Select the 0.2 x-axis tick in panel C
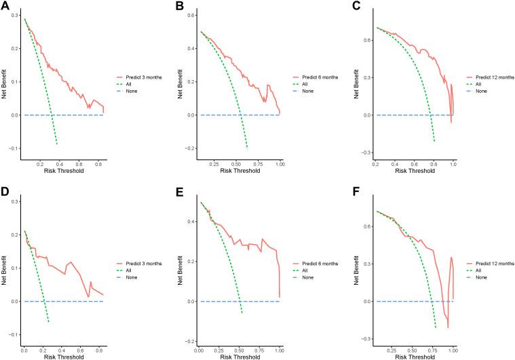tap(375, 164)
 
